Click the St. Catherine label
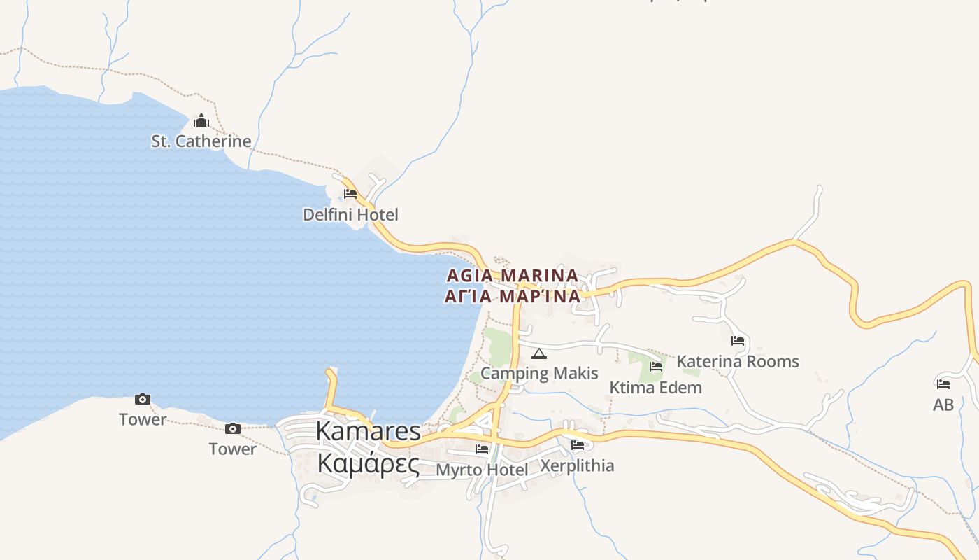coord(201,141)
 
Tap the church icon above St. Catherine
coord(201,121)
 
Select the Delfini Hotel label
coord(350,215)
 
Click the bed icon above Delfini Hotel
coord(350,194)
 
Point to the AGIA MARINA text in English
coord(513,276)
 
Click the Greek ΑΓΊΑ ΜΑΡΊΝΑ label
coord(513,297)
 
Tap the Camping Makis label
coord(539,373)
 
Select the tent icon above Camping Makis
coord(538,353)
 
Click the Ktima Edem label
coord(655,388)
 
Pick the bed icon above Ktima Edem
coord(656,367)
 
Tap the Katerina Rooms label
coord(738,362)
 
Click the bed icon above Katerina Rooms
coord(738,342)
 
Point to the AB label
coord(943,405)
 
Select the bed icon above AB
coord(943,384)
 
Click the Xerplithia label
coord(578,466)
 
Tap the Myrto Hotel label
coord(482,470)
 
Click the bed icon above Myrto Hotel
coord(482,449)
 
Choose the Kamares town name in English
coord(369,431)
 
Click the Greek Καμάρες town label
coord(369,463)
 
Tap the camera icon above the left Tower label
coord(143,400)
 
